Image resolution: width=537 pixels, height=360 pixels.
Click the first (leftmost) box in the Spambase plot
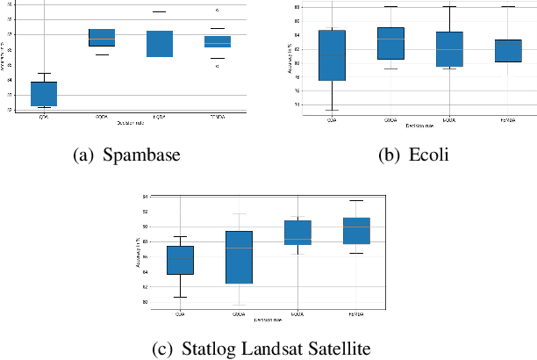44,94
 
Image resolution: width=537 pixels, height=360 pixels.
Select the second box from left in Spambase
102,37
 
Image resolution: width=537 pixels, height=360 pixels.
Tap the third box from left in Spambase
159,44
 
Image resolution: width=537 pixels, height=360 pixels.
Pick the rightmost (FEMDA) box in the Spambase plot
217,41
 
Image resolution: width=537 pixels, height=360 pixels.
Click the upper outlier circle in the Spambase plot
218,11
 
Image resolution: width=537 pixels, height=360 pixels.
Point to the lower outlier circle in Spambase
218,66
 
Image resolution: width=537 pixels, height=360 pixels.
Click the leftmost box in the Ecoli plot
333,55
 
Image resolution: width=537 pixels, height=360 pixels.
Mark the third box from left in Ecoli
449,48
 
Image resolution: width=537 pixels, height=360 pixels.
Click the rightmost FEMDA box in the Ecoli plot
507,51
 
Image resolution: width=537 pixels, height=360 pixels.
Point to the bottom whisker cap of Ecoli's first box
333,110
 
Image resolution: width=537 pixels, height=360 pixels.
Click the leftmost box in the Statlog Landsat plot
180,260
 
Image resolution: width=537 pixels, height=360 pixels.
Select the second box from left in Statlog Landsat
239,257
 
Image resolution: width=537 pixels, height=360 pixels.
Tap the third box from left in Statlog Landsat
297,233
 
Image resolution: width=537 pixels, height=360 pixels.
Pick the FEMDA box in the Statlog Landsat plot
355,231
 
